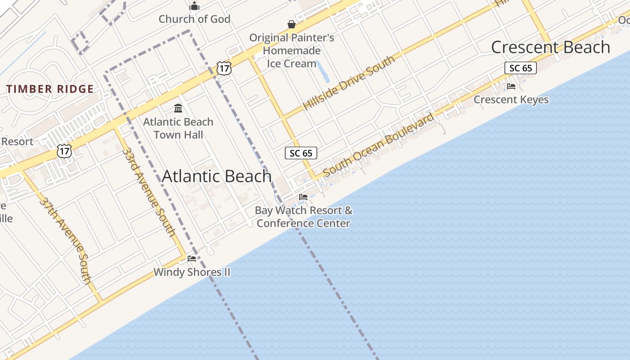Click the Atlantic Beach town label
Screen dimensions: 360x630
pyautogui.click(x=216, y=176)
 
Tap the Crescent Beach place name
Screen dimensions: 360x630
pyautogui.click(x=550, y=47)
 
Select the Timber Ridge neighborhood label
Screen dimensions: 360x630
pyautogui.click(x=50, y=89)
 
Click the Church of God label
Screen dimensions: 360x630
pyautogui.click(x=194, y=19)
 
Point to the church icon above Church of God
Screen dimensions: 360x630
pyautogui.click(x=194, y=6)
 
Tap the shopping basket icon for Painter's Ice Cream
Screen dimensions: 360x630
pyautogui.click(x=292, y=24)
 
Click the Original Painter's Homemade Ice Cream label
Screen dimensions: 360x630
pyautogui.click(x=292, y=50)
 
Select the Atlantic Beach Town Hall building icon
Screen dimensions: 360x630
pyautogui.click(x=178, y=108)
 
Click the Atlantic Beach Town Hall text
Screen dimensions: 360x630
pyautogui.click(x=178, y=128)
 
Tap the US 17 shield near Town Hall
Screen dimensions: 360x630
pyautogui.click(x=223, y=68)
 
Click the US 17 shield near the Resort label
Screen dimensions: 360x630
pyautogui.click(x=64, y=151)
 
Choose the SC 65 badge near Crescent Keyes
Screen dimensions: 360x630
pyautogui.click(x=521, y=68)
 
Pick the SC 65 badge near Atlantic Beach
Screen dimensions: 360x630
pyautogui.click(x=301, y=153)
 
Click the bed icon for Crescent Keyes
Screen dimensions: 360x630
pyautogui.click(x=511, y=86)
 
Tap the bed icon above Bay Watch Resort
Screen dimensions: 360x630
pyautogui.click(x=303, y=197)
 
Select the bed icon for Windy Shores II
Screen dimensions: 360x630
pyautogui.click(x=192, y=259)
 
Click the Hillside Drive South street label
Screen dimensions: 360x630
pyautogui.click(x=349, y=83)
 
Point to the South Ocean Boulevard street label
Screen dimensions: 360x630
pyautogui.click(x=378, y=145)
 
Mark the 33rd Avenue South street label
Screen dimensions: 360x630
pyautogui.click(x=148, y=191)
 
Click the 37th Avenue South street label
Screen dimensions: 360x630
pyautogui.click(x=66, y=240)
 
